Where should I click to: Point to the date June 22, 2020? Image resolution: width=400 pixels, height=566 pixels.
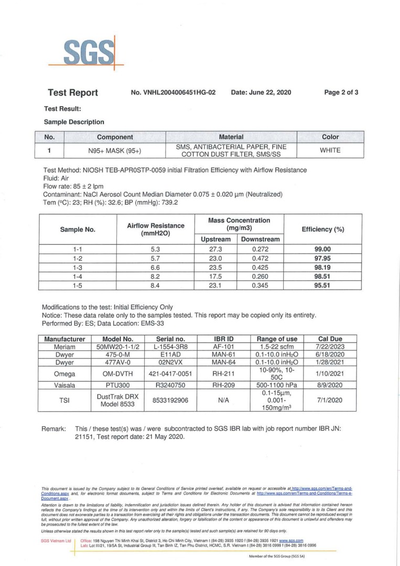coord(261,93)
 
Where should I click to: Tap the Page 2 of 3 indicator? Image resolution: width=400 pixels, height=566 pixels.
coord(341,93)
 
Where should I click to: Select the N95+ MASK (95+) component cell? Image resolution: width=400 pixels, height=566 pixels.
coord(114,150)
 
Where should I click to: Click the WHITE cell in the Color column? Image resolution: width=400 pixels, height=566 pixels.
coord(330,150)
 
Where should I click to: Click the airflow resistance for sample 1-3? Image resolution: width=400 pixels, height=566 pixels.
coord(151,268)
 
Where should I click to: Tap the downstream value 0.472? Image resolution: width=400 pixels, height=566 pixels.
coord(260,259)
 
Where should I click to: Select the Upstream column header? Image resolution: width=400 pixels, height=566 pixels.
coord(216,239)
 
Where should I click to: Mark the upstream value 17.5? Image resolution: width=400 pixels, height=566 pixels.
coord(216,277)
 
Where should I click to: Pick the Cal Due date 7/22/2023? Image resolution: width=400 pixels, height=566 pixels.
coord(330,347)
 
